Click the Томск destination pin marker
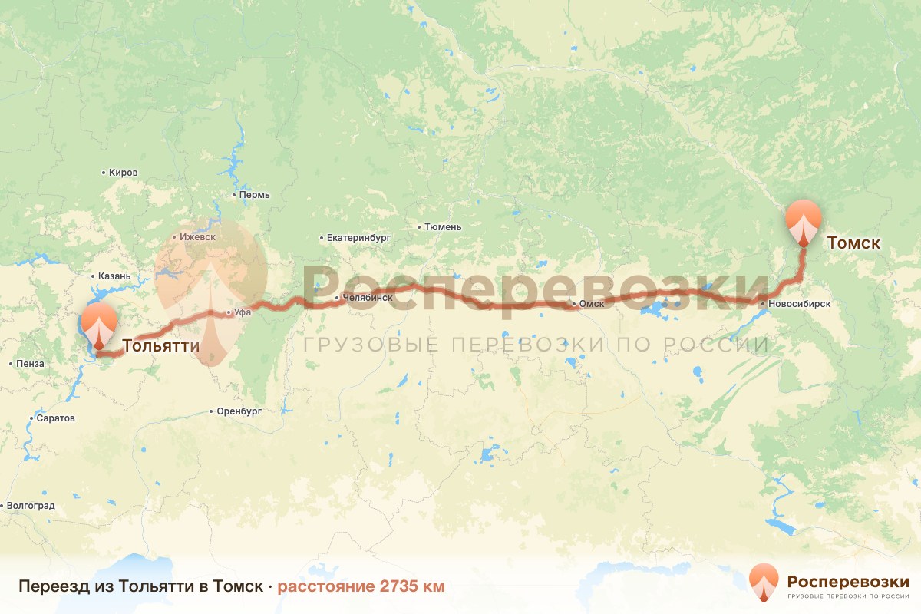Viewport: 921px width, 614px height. [x=804, y=220]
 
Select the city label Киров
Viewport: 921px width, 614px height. [x=123, y=173]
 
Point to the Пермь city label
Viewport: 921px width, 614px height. [x=254, y=195]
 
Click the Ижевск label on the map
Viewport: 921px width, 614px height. [x=196, y=237]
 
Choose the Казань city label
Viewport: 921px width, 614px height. [x=114, y=276]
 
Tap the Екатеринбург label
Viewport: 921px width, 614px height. [x=358, y=238]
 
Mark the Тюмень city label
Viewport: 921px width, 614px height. [x=444, y=227]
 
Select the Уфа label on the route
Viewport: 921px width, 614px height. [x=243, y=312]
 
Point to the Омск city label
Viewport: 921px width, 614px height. [x=592, y=305]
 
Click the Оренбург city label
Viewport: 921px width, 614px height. [x=239, y=411]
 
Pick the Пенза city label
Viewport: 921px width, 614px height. [x=30, y=363]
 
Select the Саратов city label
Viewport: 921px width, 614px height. [x=56, y=418]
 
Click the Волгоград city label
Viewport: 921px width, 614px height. [x=31, y=506]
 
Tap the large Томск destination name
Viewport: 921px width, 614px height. [x=853, y=243]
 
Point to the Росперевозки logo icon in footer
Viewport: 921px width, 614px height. [x=764, y=582]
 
